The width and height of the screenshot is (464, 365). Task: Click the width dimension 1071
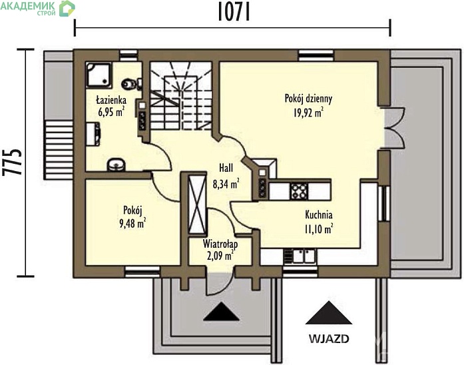[234, 13]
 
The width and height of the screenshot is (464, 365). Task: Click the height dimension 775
[12, 162]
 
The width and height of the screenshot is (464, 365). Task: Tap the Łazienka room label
[111, 100]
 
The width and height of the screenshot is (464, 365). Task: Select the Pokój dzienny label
[308, 99]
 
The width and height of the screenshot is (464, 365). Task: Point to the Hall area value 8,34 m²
[226, 184]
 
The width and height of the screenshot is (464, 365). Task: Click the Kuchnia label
[319, 214]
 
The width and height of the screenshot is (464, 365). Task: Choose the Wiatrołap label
[220, 244]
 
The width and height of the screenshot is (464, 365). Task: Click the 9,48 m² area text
[132, 223]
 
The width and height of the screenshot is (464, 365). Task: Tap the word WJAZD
[329, 338]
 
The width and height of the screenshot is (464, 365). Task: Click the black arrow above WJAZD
[328, 313]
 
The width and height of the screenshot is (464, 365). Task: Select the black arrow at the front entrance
[221, 312]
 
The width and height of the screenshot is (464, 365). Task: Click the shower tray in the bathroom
[99, 75]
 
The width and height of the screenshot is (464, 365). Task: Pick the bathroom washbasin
[116, 165]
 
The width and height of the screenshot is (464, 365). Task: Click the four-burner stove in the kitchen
[299, 191]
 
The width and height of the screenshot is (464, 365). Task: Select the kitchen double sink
[300, 256]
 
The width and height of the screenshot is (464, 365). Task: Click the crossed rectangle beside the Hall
[197, 204]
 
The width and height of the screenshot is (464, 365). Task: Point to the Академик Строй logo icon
[67, 8]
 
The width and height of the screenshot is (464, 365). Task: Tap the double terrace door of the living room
[395, 127]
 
